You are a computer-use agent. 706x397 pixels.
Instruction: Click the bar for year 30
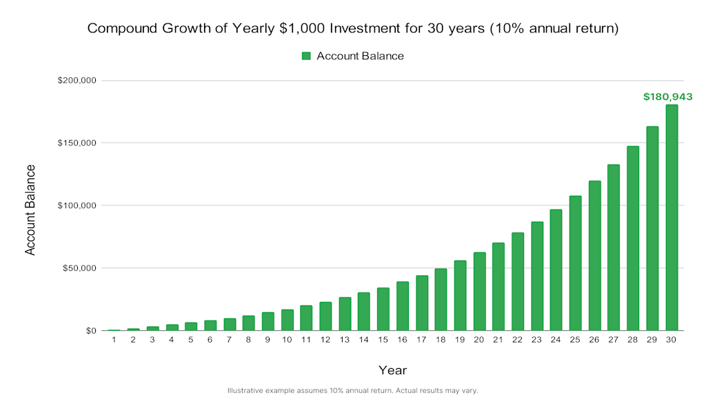click(x=671, y=217)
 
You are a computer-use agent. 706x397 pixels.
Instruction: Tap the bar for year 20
click(x=479, y=292)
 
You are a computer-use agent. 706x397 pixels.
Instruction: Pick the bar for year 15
click(x=383, y=309)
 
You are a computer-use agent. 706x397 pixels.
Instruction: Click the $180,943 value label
click(x=667, y=97)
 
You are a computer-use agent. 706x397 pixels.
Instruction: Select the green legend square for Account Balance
click(x=307, y=56)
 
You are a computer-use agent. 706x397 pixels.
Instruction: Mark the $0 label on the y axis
click(x=90, y=331)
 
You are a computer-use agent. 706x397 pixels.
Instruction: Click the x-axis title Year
click(x=392, y=370)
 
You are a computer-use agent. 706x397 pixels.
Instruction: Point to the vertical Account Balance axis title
click(x=30, y=210)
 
